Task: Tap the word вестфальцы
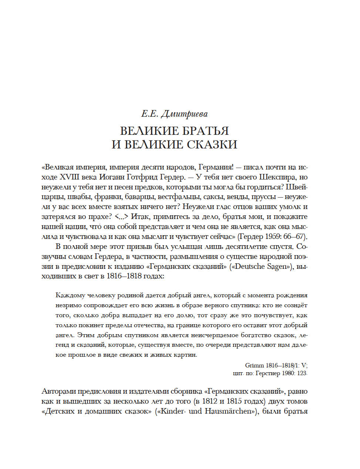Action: (x=175, y=197)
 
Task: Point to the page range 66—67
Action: (x=295, y=236)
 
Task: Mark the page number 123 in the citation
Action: (x=302, y=373)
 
